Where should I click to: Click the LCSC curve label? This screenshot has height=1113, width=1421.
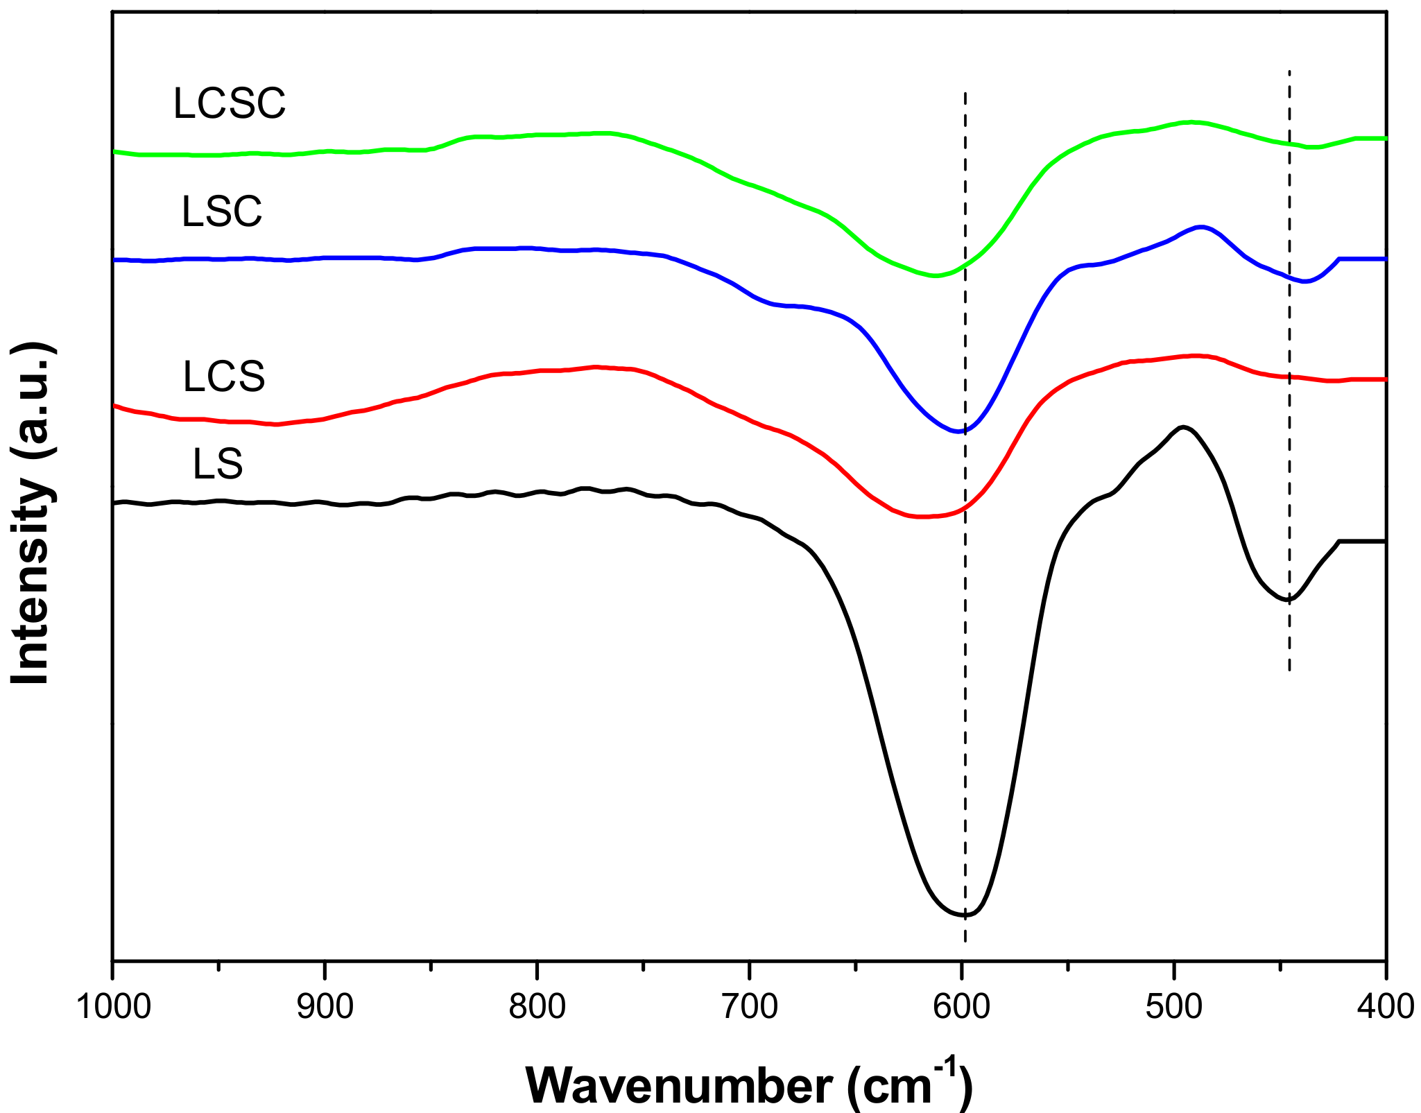(x=229, y=104)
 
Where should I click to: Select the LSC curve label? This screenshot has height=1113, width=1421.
(x=222, y=212)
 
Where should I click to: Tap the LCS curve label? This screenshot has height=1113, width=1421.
(x=224, y=377)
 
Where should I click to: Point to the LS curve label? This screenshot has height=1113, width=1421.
(x=218, y=465)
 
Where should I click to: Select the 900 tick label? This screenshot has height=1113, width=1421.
(x=325, y=1006)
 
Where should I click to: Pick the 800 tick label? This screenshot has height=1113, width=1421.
(x=537, y=1006)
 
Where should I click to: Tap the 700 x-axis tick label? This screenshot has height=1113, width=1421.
(x=749, y=1006)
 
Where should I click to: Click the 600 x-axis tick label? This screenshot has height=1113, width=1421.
(x=961, y=1006)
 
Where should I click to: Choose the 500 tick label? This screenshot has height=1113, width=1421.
(x=1173, y=1006)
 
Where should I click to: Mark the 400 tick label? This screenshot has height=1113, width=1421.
(x=1386, y=1006)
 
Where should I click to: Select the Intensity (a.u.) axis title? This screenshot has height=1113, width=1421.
(x=32, y=513)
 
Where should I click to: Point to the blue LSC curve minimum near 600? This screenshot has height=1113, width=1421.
(x=959, y=431)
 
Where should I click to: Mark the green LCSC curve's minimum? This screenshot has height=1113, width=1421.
(x=935, y=276)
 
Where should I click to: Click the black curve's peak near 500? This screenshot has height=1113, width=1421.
(x=1183, y=426)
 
